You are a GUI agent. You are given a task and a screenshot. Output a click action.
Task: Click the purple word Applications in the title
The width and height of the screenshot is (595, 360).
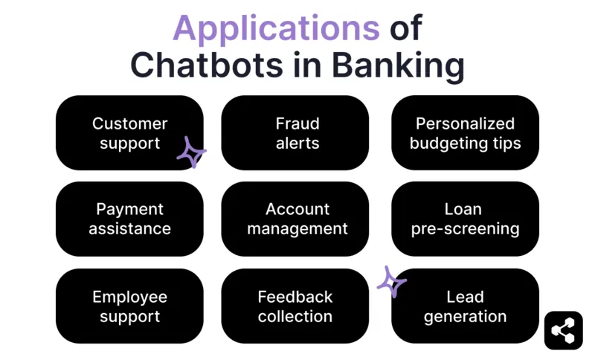tap(275, 29)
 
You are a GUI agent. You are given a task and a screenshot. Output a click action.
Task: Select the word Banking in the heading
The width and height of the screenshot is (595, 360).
tap(398, 65)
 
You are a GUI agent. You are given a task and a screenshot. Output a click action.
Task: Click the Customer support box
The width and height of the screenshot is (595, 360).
tap(129, 132)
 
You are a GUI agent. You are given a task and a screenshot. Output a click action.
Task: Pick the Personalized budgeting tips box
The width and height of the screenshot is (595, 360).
tap(465, 132)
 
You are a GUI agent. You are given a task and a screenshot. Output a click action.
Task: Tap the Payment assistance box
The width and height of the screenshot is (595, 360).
tap(129, 219)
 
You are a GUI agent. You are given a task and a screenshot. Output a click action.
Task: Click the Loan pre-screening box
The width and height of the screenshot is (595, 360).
tap(465, 219)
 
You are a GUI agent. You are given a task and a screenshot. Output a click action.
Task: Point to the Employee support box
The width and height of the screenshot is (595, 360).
tap(129, 306)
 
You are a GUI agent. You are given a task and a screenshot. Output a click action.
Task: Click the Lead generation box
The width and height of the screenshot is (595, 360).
tap(465, 306)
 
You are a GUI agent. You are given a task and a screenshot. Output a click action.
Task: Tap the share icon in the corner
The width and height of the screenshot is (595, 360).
tap(563, 330)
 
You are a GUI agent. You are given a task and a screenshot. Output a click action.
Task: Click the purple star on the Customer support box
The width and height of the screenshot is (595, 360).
tap(191, 152)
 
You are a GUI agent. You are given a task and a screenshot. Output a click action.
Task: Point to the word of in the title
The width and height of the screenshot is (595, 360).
tap(405, 29)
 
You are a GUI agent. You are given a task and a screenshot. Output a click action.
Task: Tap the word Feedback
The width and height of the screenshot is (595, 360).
tap(295, 297)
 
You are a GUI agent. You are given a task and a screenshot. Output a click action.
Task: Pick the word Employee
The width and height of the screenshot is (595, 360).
tap(129, 297)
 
